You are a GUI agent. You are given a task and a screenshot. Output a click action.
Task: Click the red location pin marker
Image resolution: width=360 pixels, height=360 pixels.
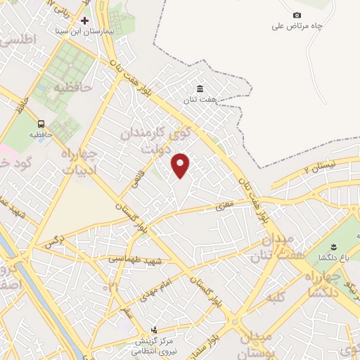pyautogui.click(x=181, y=165)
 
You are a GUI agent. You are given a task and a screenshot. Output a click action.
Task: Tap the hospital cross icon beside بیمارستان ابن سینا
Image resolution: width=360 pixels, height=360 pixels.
pyautogui.click(x=85, y=21)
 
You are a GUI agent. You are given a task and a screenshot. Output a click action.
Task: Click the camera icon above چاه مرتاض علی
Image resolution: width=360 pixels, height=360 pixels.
pyautogui.click(x=297, y=15)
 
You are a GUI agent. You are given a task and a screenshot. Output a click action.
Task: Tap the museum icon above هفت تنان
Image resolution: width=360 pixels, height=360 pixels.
pyautogui.click(x=200, y=89)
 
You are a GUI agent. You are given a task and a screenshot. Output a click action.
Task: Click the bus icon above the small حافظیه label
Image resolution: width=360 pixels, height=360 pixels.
pyautogui.click(x=41, y=123)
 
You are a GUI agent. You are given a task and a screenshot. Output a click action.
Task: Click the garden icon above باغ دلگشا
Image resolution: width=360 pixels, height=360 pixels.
pyautogui.click(x=335, y=247)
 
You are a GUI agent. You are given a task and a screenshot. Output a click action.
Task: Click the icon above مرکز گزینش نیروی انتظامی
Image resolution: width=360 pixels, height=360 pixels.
pyautogui.click(x=155, y=329)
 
